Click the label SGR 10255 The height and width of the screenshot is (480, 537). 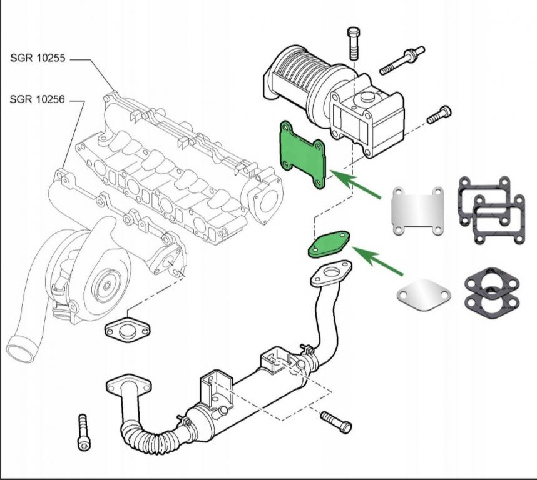coord(38,58)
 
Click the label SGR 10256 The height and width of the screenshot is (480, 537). coord(38,99)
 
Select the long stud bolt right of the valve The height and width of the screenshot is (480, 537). coord(402,59)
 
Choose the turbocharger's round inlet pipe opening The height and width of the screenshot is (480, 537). coord(21,349)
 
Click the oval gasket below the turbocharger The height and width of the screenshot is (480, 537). coord(128,328)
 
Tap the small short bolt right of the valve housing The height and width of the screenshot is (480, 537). coord(439,114)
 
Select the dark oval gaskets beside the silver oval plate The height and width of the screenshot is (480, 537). coord(492,292)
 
